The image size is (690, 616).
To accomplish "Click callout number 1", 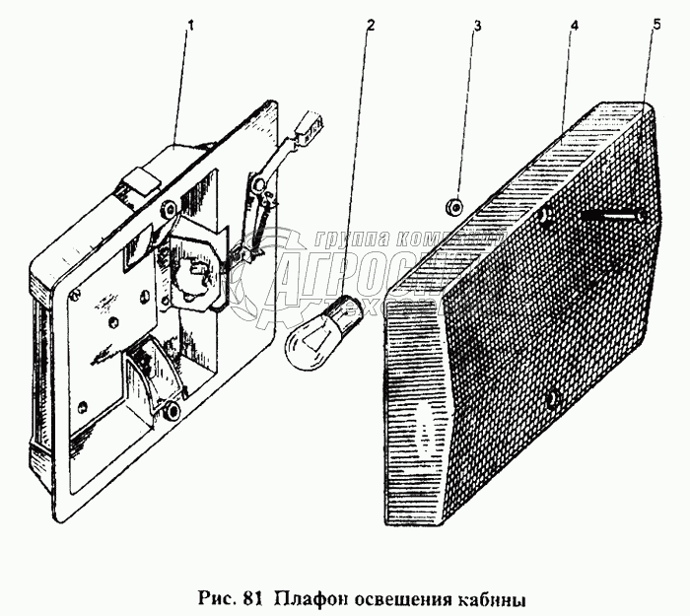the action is click(190, 25).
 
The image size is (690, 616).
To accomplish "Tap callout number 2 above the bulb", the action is click(369, 25).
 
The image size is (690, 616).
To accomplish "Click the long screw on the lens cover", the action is click(611, 214).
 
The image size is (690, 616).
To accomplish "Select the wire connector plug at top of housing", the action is click(311, 127).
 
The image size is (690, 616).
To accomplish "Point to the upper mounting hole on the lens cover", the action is click(545, 218).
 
